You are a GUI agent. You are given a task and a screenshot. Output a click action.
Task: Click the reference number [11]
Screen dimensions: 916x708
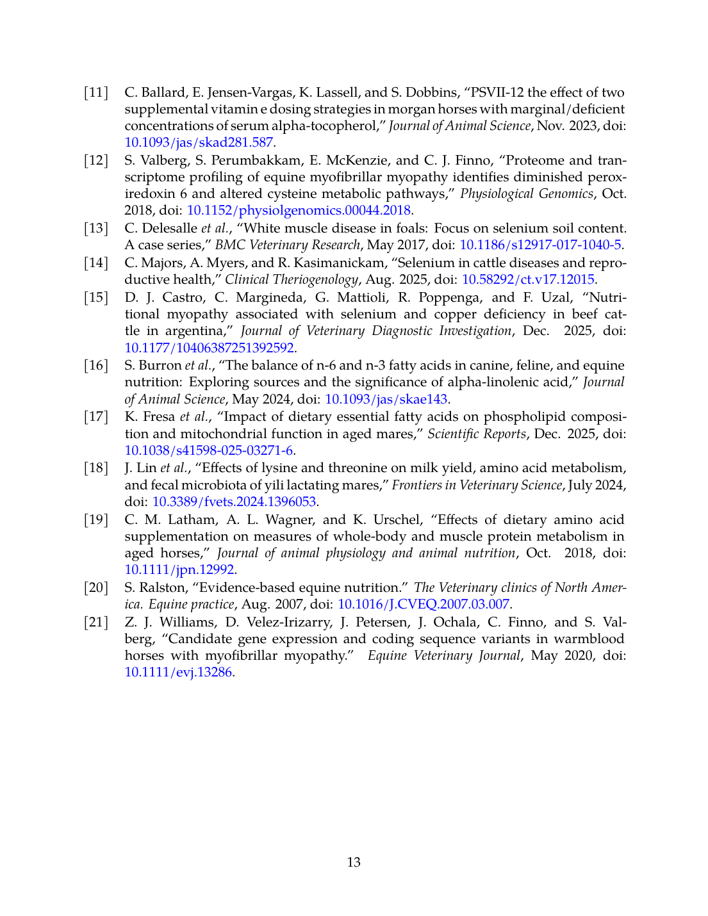click(96, 92)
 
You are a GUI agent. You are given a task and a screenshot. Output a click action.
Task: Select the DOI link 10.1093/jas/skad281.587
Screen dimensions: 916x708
click(199, 142)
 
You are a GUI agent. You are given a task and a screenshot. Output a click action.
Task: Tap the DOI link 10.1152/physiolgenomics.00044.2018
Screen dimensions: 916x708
click(299, 210)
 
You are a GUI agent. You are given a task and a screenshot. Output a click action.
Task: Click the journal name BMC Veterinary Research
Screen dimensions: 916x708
click(287, 245)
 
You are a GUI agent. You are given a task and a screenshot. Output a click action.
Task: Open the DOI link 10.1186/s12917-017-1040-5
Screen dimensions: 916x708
click(541, 245)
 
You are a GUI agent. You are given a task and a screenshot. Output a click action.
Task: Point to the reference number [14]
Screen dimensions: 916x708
click(96, 263)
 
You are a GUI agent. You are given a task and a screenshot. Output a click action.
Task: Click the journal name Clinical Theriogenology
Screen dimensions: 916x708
click(292, 279)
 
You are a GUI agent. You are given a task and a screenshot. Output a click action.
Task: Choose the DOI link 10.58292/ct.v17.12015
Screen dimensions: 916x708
click(529, 279)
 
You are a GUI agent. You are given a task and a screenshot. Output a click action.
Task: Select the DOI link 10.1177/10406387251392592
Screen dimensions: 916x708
click(209, 348)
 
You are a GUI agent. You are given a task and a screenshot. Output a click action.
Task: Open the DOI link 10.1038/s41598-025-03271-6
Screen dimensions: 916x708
click(209, 450)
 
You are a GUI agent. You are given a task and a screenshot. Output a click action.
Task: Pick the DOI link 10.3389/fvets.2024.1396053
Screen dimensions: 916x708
click(234, 502)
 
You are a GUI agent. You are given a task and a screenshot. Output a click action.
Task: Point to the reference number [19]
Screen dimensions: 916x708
click(96, 519)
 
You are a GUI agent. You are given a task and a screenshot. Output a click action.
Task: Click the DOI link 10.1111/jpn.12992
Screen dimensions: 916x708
click(179, 569)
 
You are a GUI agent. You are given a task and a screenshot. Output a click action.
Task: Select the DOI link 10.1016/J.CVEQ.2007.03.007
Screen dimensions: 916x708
click(424, 604)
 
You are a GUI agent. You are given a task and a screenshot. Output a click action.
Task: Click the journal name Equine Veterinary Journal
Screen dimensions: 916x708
click(444, 655)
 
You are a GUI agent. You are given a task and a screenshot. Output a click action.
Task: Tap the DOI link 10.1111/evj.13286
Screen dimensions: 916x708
click(178, 672)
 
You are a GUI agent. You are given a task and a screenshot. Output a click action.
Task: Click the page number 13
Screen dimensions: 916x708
click(354, 862)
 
